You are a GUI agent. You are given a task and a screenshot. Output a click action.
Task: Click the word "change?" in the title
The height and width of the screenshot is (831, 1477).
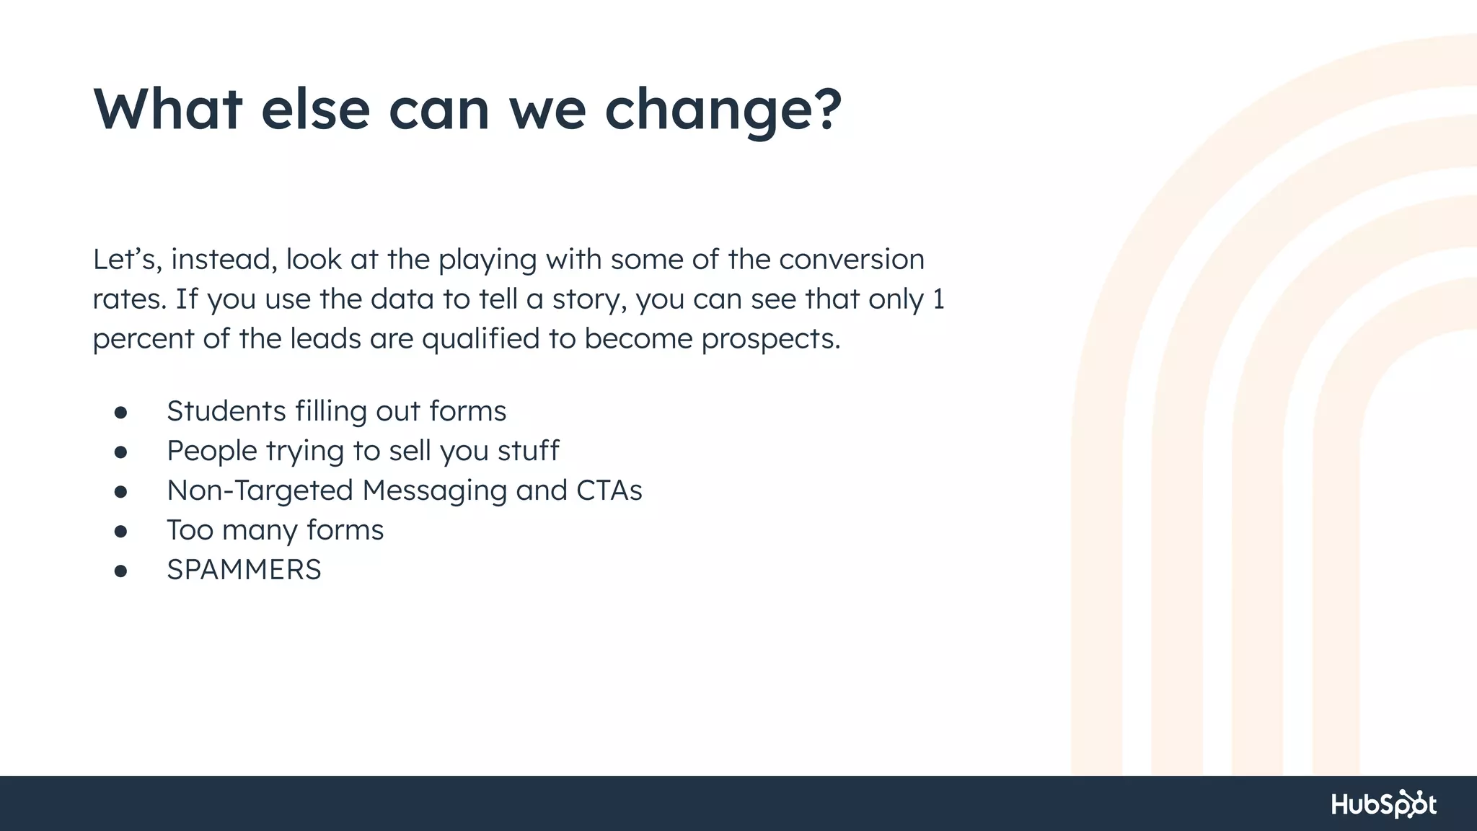point(723,110)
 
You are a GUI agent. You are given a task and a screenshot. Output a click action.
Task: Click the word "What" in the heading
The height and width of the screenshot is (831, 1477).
point(167,110)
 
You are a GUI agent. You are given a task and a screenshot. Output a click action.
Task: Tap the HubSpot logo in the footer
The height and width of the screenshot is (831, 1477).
point(1383,804)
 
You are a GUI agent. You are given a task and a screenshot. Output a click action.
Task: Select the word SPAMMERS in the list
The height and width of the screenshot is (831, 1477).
point(244,570)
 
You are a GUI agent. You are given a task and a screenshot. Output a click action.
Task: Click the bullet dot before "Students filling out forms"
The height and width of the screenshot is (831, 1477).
point(120,413)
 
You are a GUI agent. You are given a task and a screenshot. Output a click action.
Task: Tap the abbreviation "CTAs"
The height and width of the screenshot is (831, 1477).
point(609,491)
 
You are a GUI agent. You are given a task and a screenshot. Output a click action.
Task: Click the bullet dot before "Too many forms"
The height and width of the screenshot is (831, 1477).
point(120,532)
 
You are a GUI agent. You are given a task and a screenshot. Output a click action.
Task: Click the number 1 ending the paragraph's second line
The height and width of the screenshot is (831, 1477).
point(938,299)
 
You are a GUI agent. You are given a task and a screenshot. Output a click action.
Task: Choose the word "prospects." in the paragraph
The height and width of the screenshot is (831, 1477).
point(771,339)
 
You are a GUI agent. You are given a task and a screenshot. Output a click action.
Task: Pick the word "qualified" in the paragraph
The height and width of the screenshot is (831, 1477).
point(480,339)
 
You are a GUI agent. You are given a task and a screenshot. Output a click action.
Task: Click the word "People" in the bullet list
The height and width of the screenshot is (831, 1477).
point(212,451)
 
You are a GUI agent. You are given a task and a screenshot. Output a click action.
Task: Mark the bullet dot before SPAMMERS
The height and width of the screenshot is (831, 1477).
point(120,571)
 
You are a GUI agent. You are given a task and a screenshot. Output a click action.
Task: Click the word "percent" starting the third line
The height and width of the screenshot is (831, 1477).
point(143,339)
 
